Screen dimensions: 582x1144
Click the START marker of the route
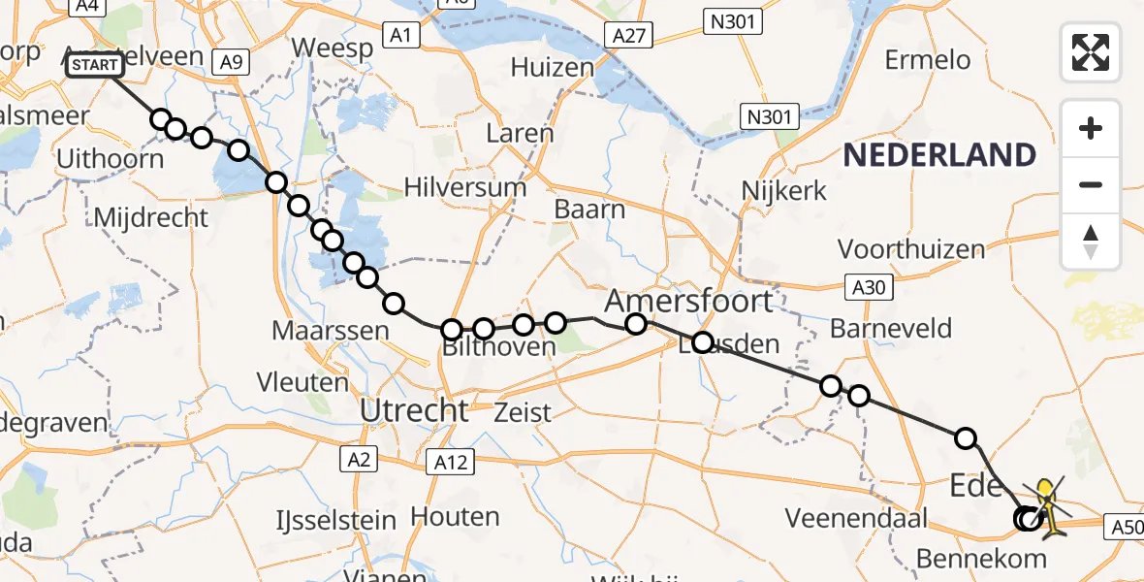(x=95, y=65)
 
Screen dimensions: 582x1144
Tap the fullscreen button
(x=1091, y=51)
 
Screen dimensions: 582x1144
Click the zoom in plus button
(x=1091, y=128)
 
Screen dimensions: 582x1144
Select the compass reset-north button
(x=1091, y=242)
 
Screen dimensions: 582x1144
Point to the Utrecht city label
(x=414, y=410)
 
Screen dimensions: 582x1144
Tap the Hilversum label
(x=465, y=187)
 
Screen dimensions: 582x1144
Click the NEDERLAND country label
(x=939, y=155)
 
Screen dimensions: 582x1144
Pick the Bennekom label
(x=983, y=558)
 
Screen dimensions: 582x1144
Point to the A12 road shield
(x=452, y=464)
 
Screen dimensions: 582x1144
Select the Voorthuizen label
(x=911, y=249)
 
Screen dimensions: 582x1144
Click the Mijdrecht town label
(x=150, y=216)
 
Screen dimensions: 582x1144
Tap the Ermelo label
(x=927, y=60)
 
